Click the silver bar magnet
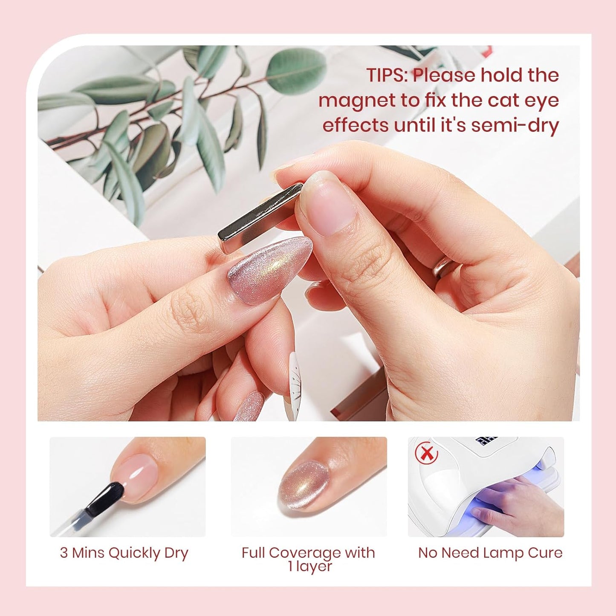[260, 218]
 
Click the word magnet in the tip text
[357, 101]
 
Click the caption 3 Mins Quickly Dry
[124, 553]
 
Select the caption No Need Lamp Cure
[490, 553]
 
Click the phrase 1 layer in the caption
[309, 567]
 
